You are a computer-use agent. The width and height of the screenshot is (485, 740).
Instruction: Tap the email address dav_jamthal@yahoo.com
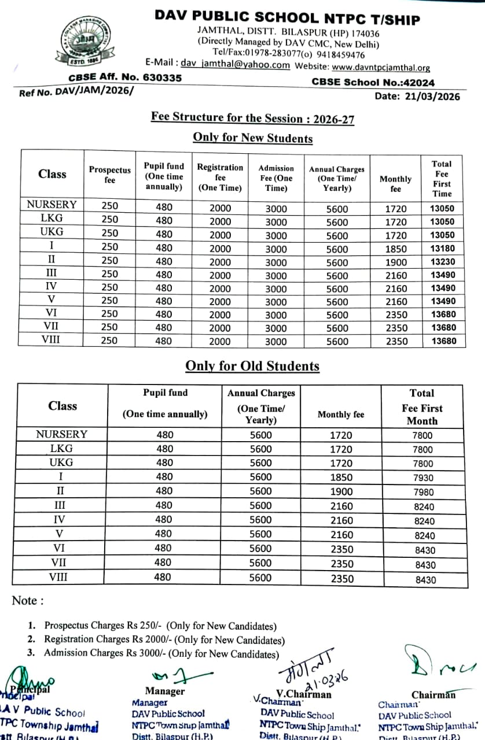tap(235, 65)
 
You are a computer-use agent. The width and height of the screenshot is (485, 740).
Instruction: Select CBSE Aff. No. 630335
tap(125, 77)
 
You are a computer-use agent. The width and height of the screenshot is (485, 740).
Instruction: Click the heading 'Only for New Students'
tap(252, 138)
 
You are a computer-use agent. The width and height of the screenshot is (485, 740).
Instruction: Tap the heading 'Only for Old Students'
tap(252, 366)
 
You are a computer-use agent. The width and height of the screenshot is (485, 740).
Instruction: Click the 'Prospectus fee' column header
tap(109, 175)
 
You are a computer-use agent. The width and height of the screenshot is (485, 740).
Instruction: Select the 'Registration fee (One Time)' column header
tap(220, 176)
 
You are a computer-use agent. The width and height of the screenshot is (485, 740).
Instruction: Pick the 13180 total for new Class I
tap(442, 249)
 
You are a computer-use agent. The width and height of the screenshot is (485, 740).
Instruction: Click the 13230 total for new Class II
tap(442, 262)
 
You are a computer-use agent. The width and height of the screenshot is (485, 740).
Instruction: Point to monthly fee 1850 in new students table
tap(396, 249)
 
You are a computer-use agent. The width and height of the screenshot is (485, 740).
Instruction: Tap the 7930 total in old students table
tap(422, 478)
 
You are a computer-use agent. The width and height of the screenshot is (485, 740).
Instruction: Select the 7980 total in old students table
tap(422, 492)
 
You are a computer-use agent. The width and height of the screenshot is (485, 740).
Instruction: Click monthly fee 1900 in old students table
tap(341, 491)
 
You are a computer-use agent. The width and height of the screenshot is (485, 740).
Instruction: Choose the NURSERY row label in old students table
tap(61, 434)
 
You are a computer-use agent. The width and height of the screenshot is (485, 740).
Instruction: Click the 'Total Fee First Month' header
tap(422, 407)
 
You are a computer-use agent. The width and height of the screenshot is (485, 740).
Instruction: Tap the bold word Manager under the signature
tap(165, 691)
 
